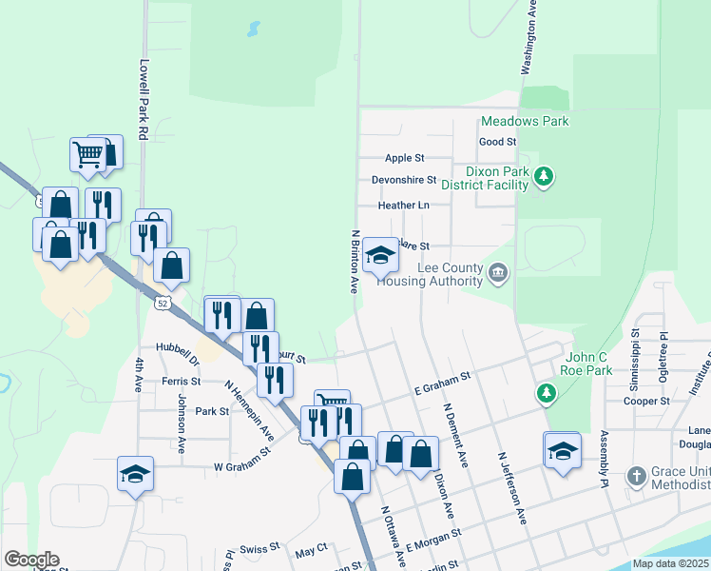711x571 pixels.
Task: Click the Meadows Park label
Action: tap(525, 121)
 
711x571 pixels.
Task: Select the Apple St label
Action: tap(404, 158)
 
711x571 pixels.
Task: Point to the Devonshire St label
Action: tap(403, 179)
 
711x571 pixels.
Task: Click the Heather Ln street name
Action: tap(403, 205)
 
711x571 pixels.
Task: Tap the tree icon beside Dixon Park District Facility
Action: tap(544, 176)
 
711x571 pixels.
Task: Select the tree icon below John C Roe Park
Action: tap(546, 392)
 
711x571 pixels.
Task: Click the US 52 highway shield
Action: tap(163, 303)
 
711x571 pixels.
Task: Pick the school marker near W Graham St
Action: tap(135, 472)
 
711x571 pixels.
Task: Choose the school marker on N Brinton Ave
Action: tap(380, 255)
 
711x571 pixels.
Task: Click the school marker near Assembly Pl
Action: tap(562, 450)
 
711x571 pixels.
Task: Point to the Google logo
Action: tap(31, 560)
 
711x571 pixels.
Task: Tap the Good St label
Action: tap(497, 142)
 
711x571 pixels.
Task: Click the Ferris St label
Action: tap(181, 381)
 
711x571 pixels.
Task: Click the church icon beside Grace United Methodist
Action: tap(637, 474)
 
